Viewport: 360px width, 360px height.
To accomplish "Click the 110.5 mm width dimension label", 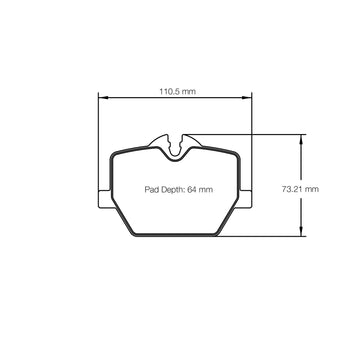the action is click(177, 91).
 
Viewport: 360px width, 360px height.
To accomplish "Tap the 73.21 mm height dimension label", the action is click(300, 189).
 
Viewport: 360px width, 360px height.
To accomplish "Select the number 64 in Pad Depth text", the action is click(192, 190).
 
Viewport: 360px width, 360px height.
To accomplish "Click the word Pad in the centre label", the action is click(151, 190).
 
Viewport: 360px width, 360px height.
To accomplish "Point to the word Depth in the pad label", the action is click(172, 190).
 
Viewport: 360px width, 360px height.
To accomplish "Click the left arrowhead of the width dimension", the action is click(104, 98).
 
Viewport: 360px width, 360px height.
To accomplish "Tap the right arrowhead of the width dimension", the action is click(247, 98).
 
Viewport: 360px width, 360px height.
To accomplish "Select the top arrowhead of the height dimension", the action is click(301, 140).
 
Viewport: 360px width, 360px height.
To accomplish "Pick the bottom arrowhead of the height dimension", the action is click(301, 231).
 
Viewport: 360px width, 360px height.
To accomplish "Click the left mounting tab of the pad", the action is click(105, 199).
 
